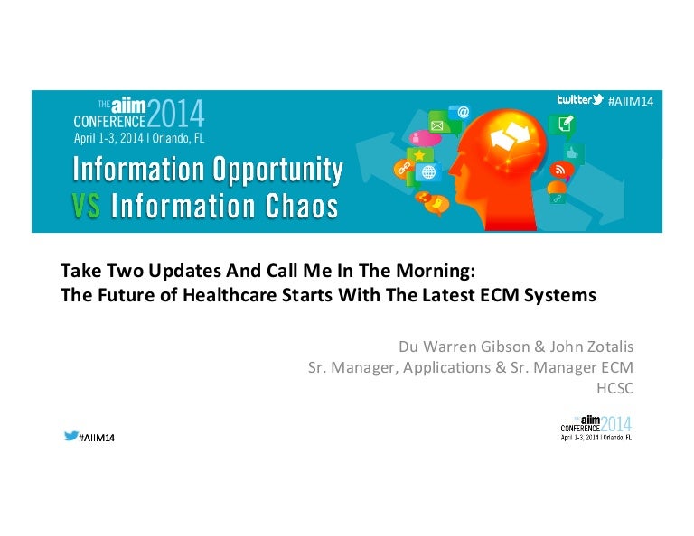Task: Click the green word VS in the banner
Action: (86, 207)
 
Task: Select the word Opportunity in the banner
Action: (277, 171)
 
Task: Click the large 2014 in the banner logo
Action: (175, 114)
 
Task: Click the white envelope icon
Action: (437, 125)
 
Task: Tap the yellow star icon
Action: (418, 154)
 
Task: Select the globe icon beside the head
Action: (428, 171)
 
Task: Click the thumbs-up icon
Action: (573, 153)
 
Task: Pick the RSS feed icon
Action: (560, 170)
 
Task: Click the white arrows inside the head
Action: (510, 134)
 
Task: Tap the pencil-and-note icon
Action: (566, 123)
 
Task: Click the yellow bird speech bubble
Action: (436, 204)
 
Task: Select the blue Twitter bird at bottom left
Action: (71, 436)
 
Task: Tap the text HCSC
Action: (614, 388)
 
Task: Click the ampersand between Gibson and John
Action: (539, 347)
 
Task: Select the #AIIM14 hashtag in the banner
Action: (631, 102)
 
